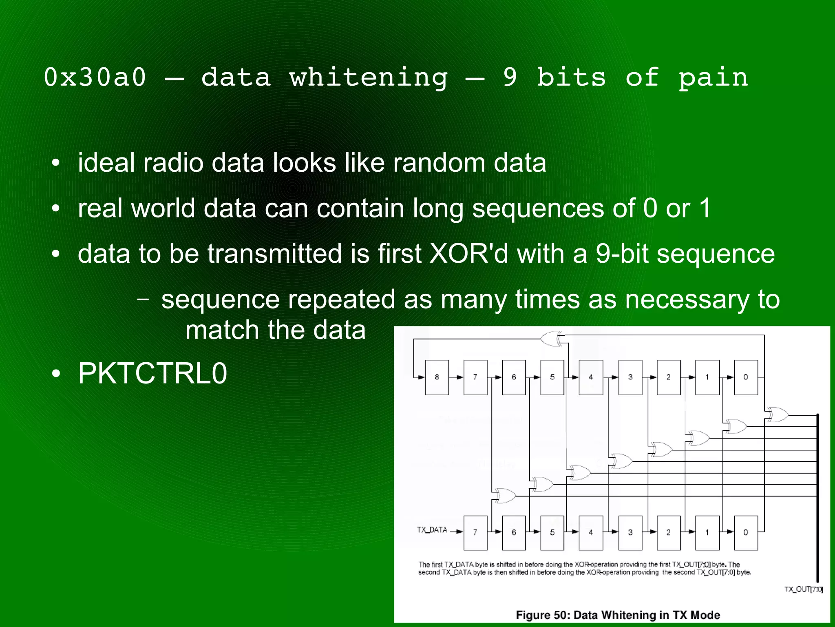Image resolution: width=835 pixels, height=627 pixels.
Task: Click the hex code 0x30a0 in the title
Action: point(95,77)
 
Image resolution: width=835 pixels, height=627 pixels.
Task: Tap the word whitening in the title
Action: point(368,77)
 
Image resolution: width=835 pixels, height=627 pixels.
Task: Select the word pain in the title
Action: point(714,77)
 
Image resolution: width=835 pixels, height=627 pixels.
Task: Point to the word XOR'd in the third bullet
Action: point(469,253)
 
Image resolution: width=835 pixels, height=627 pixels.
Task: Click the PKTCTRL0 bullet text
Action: point(152,373)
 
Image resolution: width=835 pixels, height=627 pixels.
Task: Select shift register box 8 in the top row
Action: point(437,377)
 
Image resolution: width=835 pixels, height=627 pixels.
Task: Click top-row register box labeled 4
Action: point(590,377)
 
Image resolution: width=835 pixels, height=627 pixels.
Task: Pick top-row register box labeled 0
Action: point(746,377)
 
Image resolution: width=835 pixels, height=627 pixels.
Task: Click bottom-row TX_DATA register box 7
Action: point(475,532)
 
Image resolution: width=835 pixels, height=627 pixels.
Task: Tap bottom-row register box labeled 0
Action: point(746,532)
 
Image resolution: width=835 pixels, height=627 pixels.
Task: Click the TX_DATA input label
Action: point(432,530)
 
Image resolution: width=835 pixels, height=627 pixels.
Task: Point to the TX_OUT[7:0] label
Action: point(803,589)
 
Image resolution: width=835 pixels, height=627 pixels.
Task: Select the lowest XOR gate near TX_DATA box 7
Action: point(504,496)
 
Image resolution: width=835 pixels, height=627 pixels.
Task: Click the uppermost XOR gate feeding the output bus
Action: point(777,415)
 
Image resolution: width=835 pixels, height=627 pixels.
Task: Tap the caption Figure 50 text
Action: point(618,615)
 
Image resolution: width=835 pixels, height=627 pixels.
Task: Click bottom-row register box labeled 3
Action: point(630,532)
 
